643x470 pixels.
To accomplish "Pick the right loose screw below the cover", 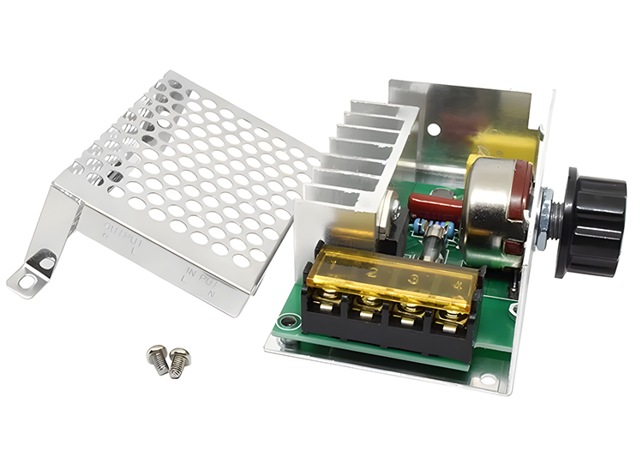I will pyautogui.click(x=178, y=360).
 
